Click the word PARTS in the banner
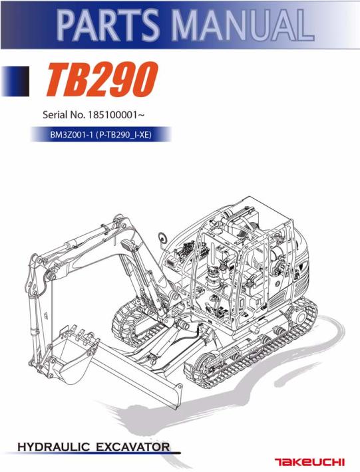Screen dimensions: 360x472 click(108, 25)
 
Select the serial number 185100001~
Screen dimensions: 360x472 click(114, 115)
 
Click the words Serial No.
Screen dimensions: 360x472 click(64, 115)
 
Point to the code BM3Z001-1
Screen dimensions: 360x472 click(71, 134)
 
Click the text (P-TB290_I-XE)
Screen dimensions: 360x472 click(123, 134)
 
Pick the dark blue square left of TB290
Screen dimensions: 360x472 click(15, 81)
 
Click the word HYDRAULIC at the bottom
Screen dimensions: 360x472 click(54, 447)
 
